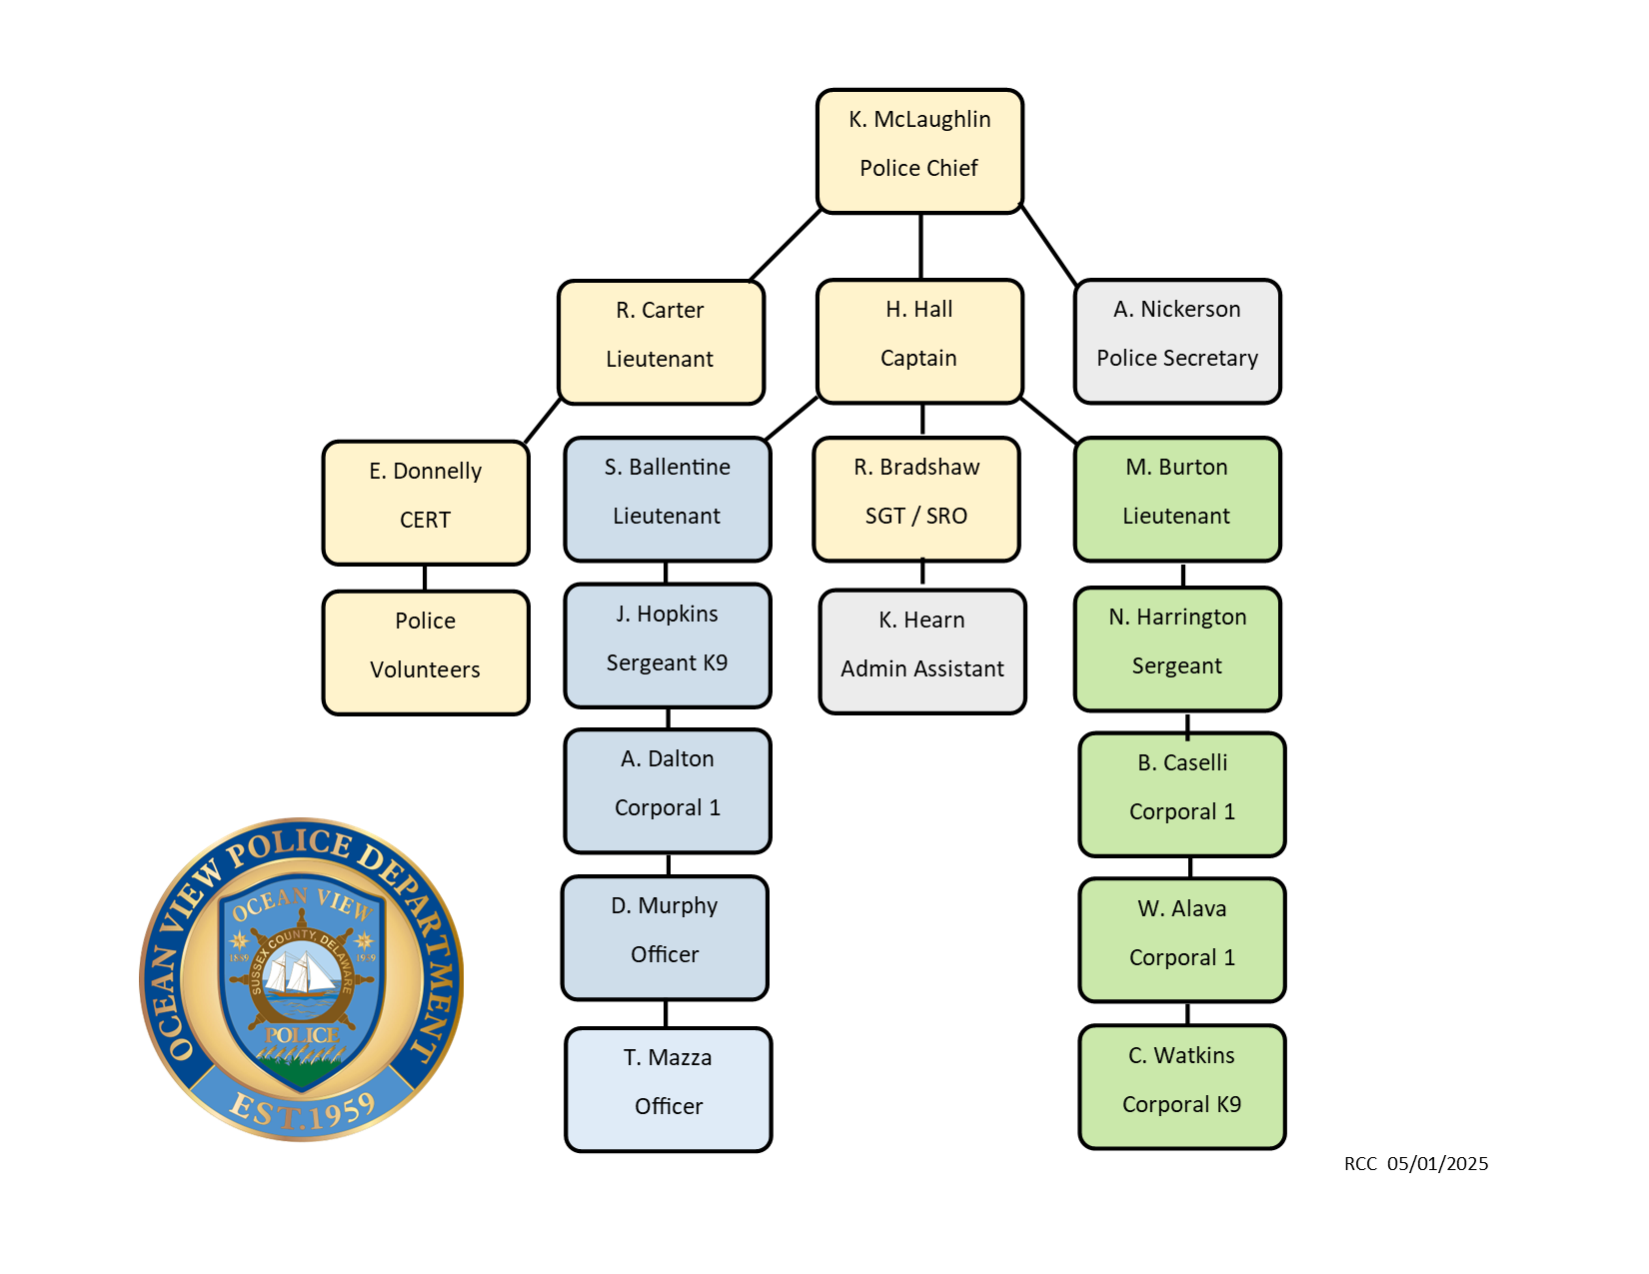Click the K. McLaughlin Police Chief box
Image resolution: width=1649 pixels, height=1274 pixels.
pos(919,151)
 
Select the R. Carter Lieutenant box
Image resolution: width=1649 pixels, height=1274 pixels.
pos(661,342)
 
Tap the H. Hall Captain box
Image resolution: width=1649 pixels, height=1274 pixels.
pos(919,341)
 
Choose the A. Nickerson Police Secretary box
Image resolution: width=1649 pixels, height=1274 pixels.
pos(1177,341)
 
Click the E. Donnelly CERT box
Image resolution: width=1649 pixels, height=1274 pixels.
pos(426,503)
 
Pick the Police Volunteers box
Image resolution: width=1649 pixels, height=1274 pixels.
pos(426,652)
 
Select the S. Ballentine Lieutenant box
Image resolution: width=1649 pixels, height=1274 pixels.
pos(668,499)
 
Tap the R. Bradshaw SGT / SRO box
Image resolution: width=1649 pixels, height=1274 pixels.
pos(916,499)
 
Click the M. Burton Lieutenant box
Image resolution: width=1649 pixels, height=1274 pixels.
pos(1177,499)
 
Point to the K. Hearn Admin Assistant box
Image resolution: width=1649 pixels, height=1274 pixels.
pos(922,651)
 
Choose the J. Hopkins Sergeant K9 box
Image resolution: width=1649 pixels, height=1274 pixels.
pos(668,645)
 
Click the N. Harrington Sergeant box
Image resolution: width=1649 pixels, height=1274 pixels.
pos(1177,648)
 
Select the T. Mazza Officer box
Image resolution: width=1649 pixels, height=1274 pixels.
pos(669,1089)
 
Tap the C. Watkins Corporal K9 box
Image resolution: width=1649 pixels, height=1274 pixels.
pos(1182,1086)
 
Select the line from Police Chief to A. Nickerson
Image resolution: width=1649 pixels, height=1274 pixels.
pos(1048,246)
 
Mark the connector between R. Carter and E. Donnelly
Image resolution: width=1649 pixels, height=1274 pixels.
pos(543,422)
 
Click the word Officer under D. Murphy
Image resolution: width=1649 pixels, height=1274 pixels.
pos(665,954)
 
